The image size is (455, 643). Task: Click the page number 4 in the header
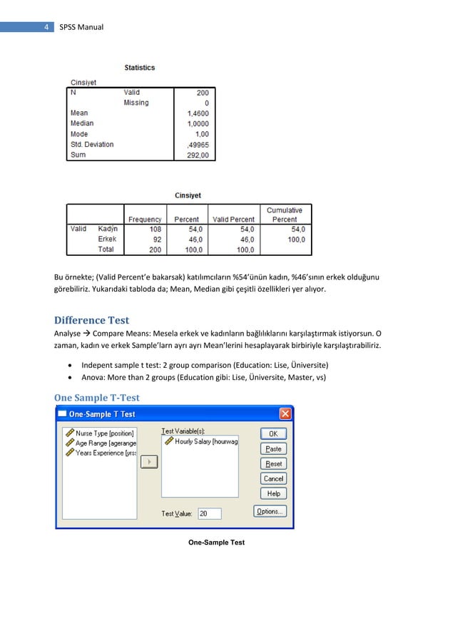(46, 27)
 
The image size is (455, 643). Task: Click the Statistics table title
(139, 68)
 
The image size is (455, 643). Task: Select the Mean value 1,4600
(196, 113)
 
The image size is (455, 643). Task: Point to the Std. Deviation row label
(92, 144)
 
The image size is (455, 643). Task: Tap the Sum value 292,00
(197, 155)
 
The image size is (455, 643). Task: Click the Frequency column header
(145, 219)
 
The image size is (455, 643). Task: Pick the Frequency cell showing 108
(154, 229)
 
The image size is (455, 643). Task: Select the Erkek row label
(108, 240)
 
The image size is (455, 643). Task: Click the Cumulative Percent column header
(285, 215)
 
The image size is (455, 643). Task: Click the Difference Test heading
(91, 321)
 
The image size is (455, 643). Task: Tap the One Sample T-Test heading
(97, 397)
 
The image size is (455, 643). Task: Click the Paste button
(273, 449)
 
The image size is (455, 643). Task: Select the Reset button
(273, 464)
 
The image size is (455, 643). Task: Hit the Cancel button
(273, 479)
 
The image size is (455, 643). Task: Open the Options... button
(270, 511)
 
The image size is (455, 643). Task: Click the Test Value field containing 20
(209, 513)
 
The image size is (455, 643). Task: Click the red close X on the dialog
(285, 414)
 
